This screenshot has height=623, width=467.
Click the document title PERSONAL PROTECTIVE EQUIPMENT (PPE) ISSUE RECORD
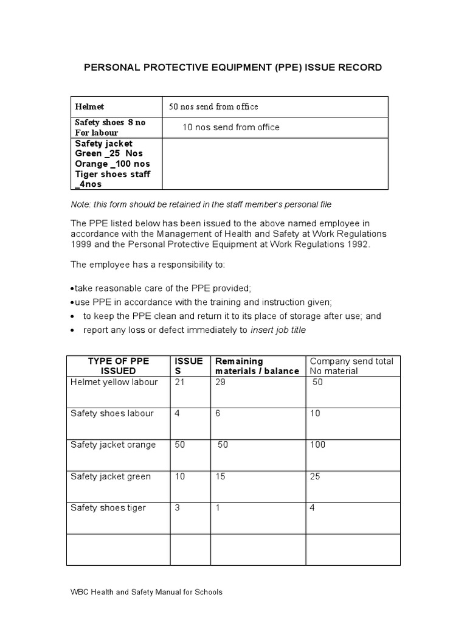click(233, 68)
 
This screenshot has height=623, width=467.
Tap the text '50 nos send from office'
click(213, 106)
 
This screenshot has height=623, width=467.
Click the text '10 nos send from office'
click(231, 127)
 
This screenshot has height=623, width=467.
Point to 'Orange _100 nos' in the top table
click(112, 164)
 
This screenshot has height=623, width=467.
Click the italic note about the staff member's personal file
click(201, 204)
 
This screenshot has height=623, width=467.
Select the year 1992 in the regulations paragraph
click(353, 245)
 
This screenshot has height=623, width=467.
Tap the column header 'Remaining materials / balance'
click(257, 366)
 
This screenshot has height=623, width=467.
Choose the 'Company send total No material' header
click(351, 366)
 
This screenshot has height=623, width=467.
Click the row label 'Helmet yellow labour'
click(114, 382)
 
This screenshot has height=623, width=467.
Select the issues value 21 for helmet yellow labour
click(180, 382)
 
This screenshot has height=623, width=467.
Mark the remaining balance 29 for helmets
click(221, 382)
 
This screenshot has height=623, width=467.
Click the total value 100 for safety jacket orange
click(317, 445)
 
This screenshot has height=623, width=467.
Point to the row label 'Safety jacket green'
click(111, 476)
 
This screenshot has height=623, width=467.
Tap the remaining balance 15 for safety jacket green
click(220, 476)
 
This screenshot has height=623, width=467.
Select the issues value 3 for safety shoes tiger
click(178, 507)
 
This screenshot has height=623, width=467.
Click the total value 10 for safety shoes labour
click(315, 413)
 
